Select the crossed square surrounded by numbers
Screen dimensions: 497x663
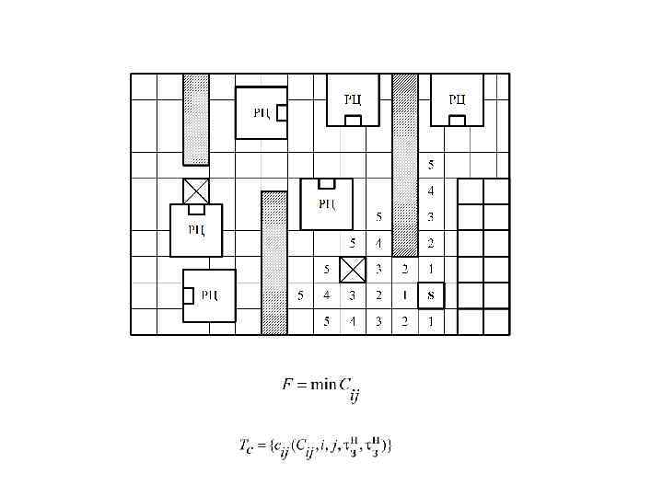click(353, 270)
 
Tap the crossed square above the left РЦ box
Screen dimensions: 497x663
click(196, 191)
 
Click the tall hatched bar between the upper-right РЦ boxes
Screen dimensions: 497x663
click(405, 165)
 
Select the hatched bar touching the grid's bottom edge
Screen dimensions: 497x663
click(274, 262)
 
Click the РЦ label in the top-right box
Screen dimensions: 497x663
click(457, 98)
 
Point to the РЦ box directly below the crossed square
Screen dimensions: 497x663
click(196, 230)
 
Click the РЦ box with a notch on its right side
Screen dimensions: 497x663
click(262, 112)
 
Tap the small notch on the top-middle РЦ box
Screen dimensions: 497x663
click(353, 121)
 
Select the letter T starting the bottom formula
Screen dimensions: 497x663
click(244, 445)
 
